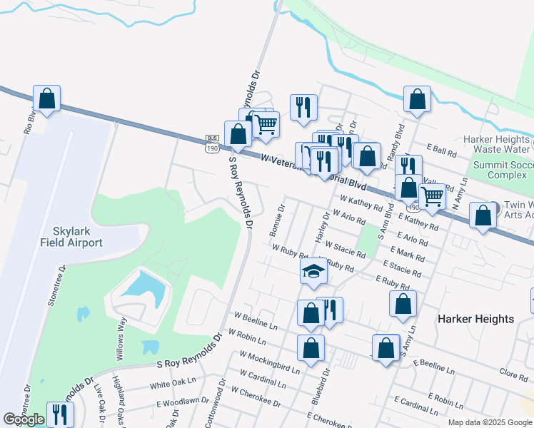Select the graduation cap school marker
[x=313, y=272]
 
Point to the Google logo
[x=24, y=419]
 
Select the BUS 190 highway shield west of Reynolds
[x=211, y=144]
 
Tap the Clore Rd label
[x=513, y=374]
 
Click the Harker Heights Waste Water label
[x=497, y=144]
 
